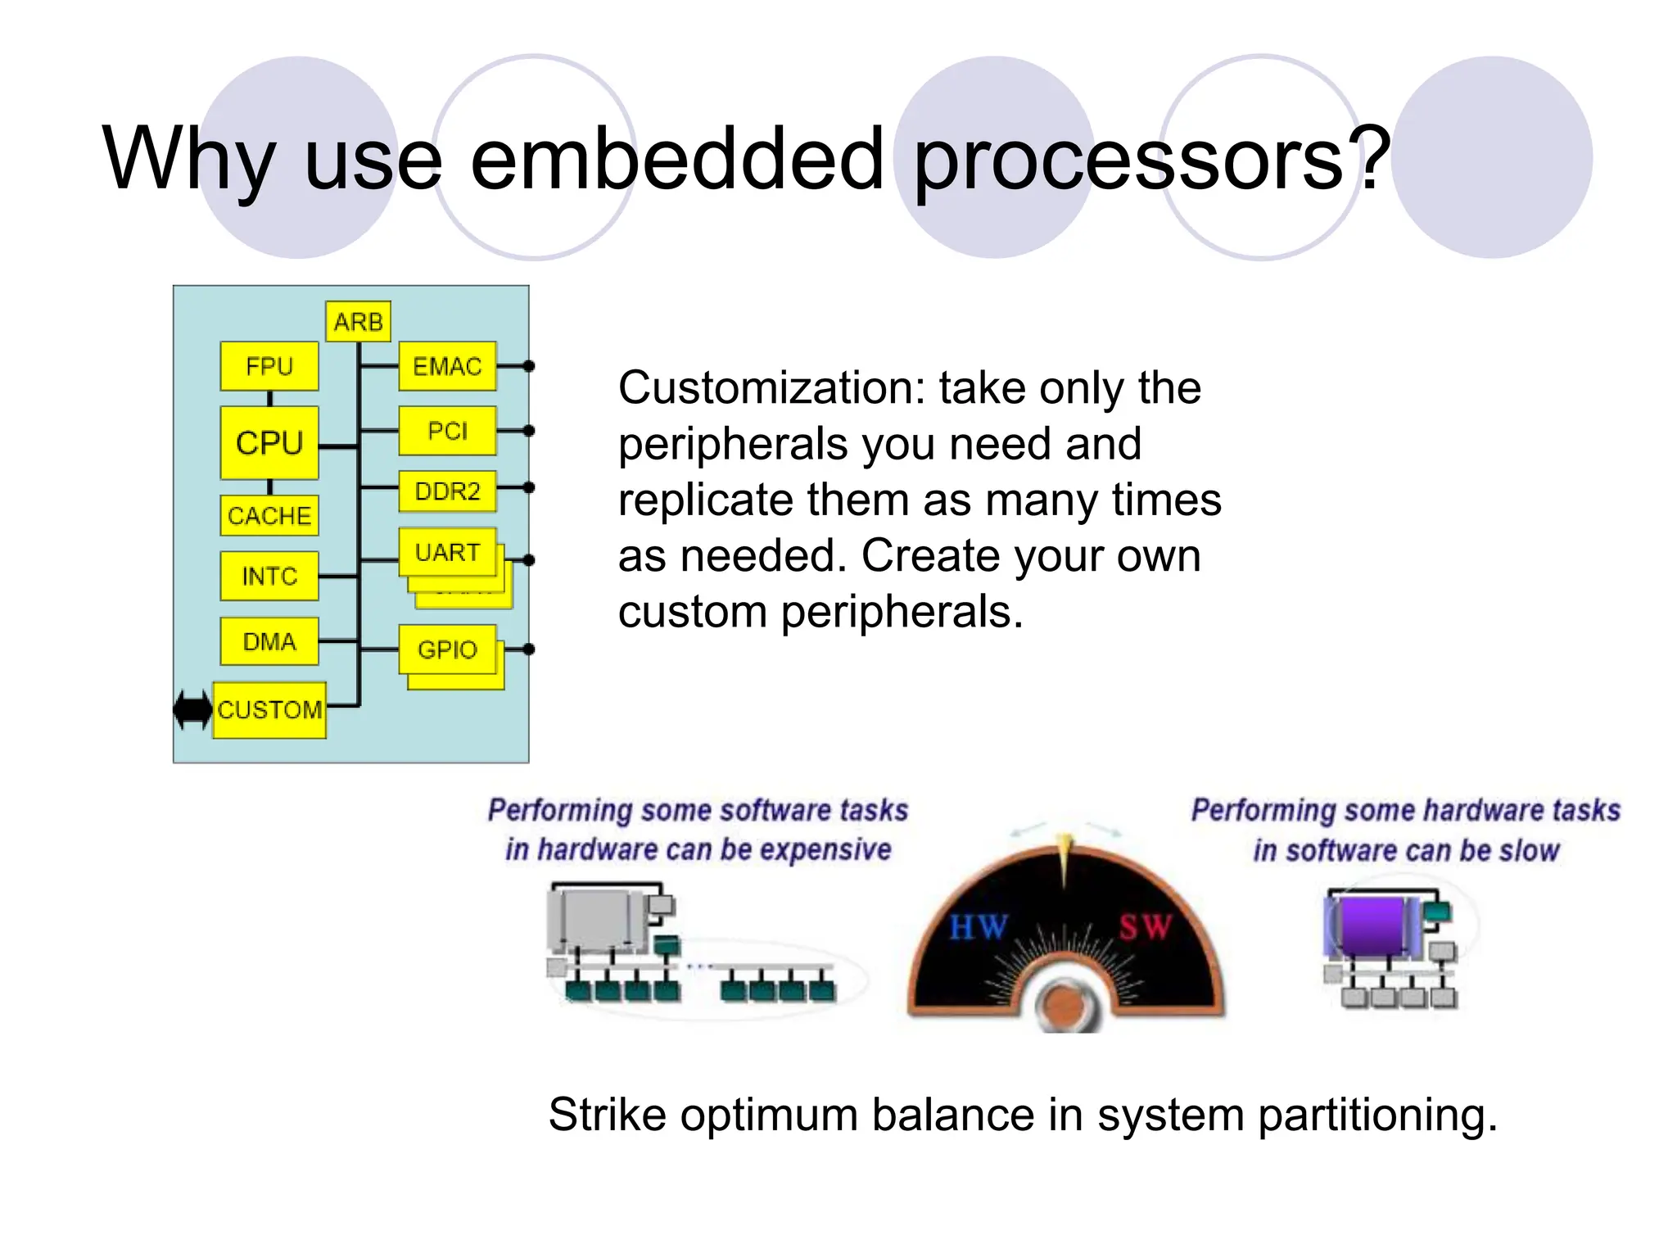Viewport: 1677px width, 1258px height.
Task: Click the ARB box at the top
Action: (x=358, y=322)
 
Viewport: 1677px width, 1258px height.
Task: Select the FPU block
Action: (x=269, y=366)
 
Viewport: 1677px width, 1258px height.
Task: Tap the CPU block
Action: (x=269, y=443)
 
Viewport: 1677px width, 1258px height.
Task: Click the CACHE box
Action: (x=269, y=516)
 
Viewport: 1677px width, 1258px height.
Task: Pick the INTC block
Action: (x=269, y=577)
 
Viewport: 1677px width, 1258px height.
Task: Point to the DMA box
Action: (x=269, y=641)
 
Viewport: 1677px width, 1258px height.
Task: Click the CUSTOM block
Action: (x=269, y=709)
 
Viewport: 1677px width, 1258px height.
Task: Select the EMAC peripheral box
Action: (x=447, y=366)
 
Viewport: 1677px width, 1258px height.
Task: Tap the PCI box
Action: (x=447, y=431)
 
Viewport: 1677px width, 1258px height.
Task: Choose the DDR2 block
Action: (x=447, y=491)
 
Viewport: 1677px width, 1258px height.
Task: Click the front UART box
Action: (x=447, y=552)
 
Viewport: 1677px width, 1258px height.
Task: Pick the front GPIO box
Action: (x=447, y=649)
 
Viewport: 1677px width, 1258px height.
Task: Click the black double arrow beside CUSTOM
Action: (x=193, y=709)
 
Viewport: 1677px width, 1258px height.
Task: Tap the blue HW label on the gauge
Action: (x=978, y=928)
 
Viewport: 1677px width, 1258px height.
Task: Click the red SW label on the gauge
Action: (x=1146, y=928)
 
